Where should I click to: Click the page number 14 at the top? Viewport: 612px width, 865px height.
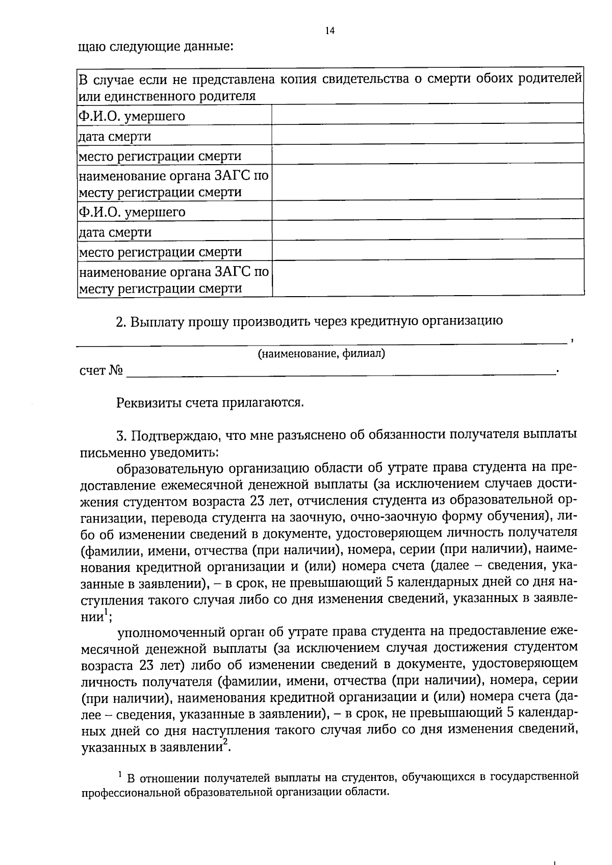[330, 31]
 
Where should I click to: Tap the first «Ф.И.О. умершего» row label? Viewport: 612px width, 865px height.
[132, 116]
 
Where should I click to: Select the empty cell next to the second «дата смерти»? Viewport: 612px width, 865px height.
[427, 232]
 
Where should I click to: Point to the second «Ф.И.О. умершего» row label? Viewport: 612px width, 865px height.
[132, 212]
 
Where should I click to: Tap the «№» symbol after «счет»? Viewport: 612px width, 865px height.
[116, 371]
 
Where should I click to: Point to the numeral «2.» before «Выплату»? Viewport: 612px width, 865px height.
[121, 322]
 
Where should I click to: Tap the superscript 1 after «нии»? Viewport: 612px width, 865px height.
[106, 612]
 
